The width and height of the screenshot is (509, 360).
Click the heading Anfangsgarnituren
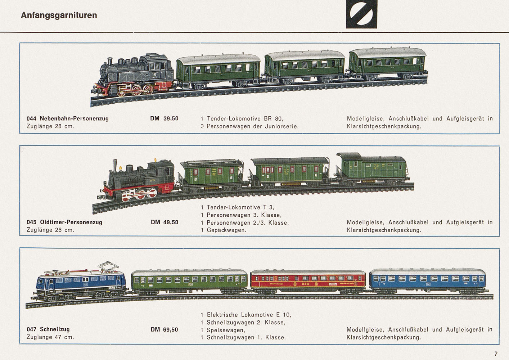point(59,15)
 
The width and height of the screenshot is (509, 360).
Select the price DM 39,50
point(164,118)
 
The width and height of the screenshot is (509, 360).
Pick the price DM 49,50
point(165,222)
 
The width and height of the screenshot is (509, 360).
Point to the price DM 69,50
point(164,329)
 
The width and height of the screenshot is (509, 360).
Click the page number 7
point(496,354)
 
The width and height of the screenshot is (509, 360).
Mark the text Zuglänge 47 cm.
point(50,337)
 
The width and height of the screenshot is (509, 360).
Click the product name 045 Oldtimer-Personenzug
point(64,222)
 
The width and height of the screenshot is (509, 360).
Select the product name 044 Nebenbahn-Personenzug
point(67,118)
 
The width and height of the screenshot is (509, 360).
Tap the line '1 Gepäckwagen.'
point(224,230)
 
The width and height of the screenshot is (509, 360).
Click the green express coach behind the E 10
point(189,281)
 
